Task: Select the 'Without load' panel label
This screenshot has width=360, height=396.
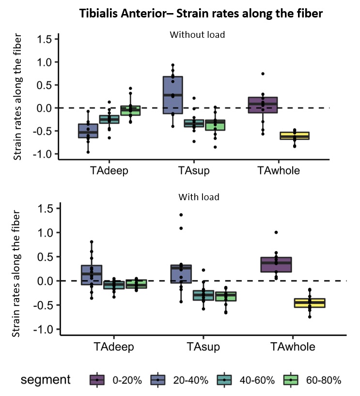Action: click(190, 35)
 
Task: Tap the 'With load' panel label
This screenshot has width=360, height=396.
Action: click(199, 197)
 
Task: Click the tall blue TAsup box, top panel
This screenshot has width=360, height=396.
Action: click(172, 95)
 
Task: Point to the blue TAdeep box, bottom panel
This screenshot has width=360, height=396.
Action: click(88, 275)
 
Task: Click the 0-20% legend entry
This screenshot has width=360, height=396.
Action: click(116, 380)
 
